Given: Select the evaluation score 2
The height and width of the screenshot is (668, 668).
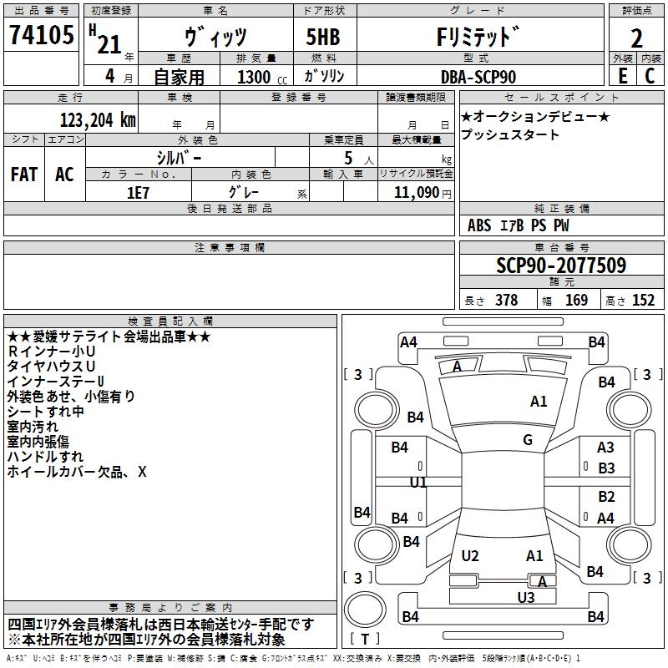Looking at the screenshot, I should click(x=636, y=38).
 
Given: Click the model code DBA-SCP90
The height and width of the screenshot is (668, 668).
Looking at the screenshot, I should click(x=477, y=77).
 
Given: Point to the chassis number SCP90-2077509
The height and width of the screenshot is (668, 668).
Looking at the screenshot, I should click(x=561, y=266).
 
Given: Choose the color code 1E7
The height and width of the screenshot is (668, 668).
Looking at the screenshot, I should click(x=138, y=191).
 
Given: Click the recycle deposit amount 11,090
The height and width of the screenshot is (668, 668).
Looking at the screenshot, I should click(x=412, y=192).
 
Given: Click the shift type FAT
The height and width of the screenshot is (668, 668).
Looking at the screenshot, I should click(x=23, y=175).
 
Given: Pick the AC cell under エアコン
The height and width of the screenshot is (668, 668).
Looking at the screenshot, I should click(x=64, y=175).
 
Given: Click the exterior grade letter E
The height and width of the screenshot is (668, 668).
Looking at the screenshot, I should click(x=622, y=76).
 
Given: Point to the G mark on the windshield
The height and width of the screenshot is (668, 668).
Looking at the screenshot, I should click(x=527, y=440).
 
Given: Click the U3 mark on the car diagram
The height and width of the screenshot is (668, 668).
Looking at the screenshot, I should click(x=525, y=597).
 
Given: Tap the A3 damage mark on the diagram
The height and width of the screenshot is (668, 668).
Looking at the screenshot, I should click(x=605, y=448).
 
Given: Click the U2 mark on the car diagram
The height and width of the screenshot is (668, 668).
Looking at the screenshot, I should click(x=470, y=556).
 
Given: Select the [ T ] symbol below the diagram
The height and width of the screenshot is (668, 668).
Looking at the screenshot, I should click(x=365, y=640).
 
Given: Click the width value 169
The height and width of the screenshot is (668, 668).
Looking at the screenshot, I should click(x=576, y=301).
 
